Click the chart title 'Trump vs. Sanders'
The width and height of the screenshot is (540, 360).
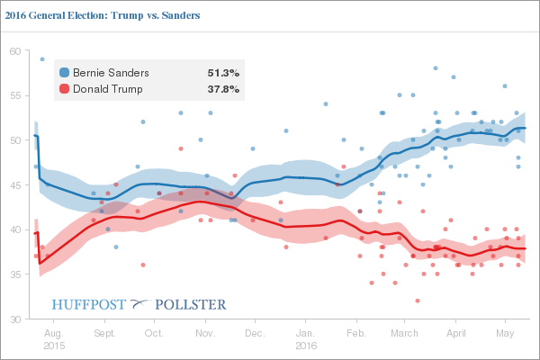101,16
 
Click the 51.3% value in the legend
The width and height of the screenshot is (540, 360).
223,72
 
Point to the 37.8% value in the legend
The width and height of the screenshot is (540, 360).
223,89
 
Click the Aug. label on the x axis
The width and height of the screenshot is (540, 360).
53,332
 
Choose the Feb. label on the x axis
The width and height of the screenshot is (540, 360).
355,332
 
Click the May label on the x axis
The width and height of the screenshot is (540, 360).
505,332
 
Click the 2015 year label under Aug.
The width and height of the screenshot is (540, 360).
53,345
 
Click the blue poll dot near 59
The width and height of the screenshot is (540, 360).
42,59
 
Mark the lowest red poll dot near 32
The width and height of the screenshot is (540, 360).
418,301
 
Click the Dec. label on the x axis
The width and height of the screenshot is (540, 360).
254,332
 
